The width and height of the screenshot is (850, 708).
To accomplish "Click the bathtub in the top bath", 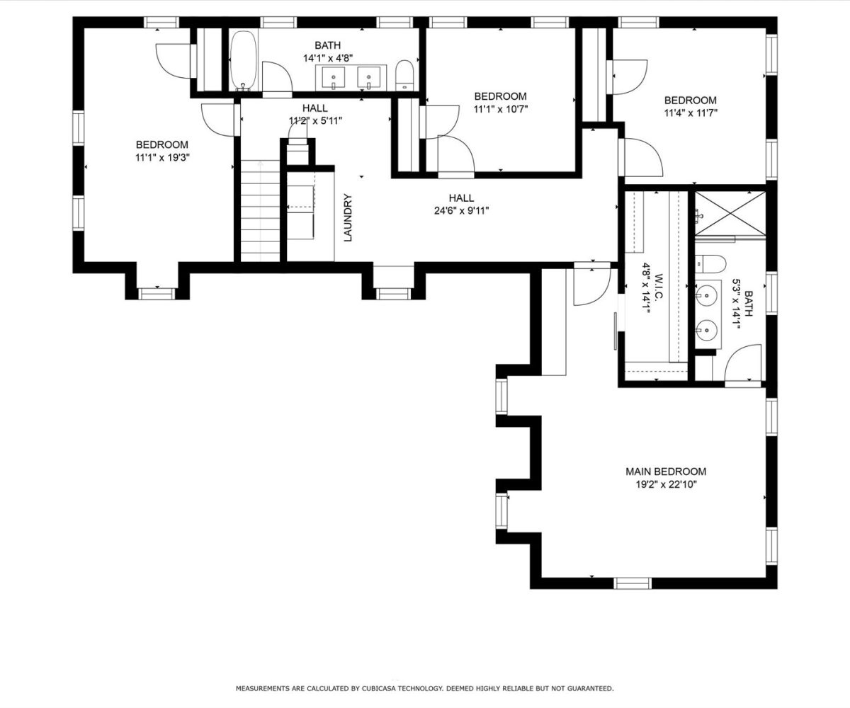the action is pyautogui.click(x=244, y=61).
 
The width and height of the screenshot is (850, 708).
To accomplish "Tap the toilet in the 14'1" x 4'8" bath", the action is pyautogui.click(x=404, y=75).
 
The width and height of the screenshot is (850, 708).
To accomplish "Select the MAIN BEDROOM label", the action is pyautogui.click(x=666, y=472).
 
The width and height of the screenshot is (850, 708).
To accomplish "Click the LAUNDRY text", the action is pyautogui.click(x=348, y=217).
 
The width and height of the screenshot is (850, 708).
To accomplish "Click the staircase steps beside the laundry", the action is pyautogui.click(x=260, y=210).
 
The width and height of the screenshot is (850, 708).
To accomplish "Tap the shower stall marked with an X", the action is pyautogui.click(x=730, y=213).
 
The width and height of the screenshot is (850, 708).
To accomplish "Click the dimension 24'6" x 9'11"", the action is pyautogui.click(x=461, y=211).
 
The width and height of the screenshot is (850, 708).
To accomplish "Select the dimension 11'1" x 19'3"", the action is pyautogui.click(x=162, y=157).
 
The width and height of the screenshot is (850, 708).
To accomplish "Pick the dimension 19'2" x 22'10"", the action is pyautogui.click(x=667, y=484).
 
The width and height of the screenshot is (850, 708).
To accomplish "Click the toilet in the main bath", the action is pyautogui.click(x=710, y=263).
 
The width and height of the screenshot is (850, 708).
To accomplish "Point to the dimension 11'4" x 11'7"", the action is pyautogui.click(x=691, y=113).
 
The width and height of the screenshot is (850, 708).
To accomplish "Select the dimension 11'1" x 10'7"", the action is pyautogui.click(x=500, y=109).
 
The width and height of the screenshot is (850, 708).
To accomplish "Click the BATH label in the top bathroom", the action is pyautogui.click(x=328, y=45).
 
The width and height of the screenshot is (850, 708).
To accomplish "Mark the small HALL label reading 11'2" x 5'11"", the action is pyautogui.click(x=315, y=114).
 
